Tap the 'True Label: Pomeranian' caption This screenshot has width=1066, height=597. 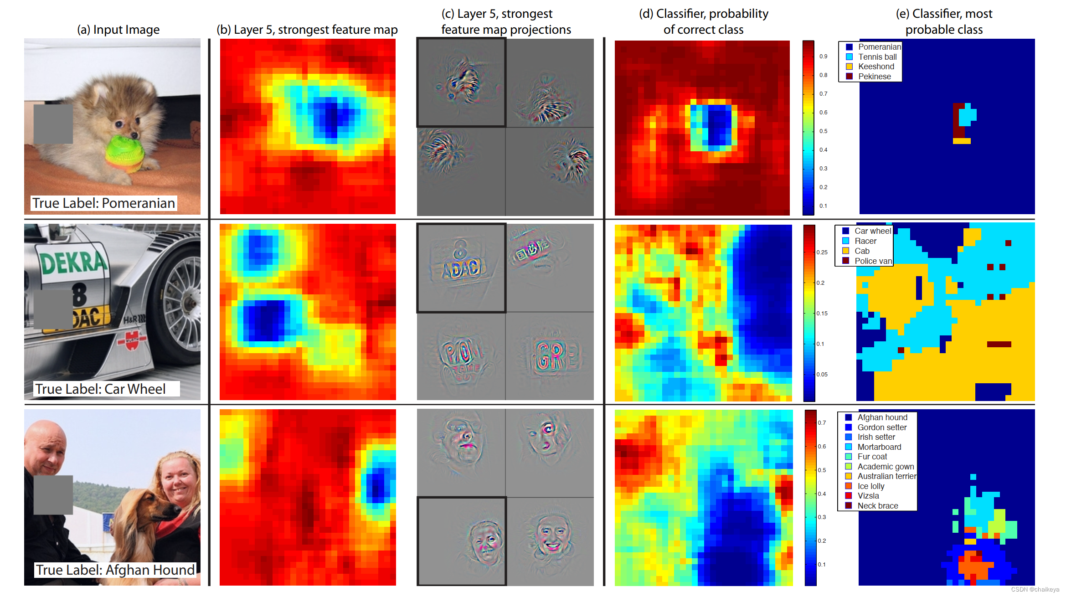click(103, 203)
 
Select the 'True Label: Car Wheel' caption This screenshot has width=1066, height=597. click(101, 389)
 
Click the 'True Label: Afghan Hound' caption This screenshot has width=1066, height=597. click(115, 570)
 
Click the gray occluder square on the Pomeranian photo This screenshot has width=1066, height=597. click(53, 124)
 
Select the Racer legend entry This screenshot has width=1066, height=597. click(865, 241)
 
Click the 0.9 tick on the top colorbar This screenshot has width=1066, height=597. click(823, 57)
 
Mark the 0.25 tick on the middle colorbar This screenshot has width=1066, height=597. click(822, 252)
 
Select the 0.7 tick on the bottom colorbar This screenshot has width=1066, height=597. click(821, 423)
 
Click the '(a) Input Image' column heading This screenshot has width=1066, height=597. click(118, 30)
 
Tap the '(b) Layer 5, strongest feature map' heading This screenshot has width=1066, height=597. click(307, 30)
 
